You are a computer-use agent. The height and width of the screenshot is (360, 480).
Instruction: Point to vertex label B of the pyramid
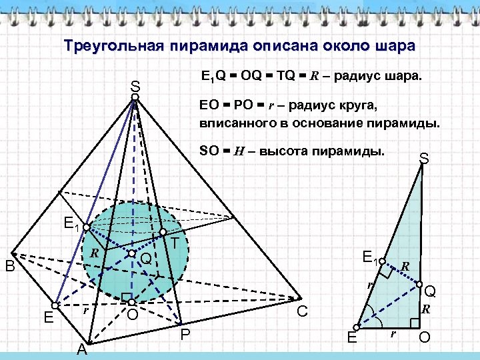point(10,267)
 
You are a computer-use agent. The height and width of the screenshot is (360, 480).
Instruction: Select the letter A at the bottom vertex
point(81,349)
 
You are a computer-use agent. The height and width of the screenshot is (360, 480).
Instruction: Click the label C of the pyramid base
point(302,311)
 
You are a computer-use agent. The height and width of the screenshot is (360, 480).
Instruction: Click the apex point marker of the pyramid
point(135,98)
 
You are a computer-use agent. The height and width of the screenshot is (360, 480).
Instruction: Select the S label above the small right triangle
point(423,159)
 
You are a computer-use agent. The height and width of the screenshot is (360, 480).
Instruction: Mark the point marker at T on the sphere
point(163,232)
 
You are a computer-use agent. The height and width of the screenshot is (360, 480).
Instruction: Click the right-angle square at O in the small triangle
point(415,323)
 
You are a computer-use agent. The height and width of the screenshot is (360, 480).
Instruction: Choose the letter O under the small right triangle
point(424,338)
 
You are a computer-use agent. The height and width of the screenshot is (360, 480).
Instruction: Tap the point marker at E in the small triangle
point(357,327)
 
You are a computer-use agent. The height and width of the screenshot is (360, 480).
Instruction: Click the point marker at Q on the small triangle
point(419,285)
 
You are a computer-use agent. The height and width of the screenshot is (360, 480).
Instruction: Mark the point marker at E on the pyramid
point(55,306)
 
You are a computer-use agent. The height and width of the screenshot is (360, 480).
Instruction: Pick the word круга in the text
point(358,105)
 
